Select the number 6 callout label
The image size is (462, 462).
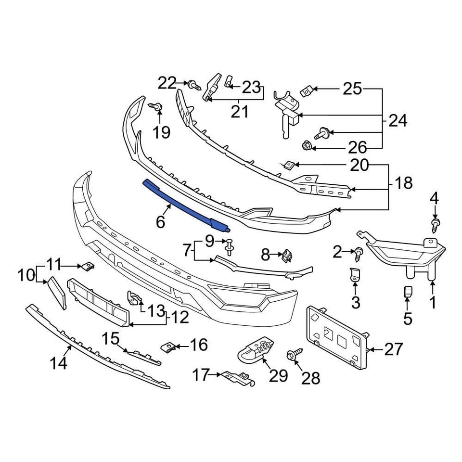coord(160,222)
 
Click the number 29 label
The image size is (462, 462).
coord(278,375)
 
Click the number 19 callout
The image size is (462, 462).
coord(162,132)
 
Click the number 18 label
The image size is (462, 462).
coord(403,183)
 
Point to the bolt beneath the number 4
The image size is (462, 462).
coord(436,224)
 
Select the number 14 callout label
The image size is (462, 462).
coord(58,363)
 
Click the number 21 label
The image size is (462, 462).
coord(239,112)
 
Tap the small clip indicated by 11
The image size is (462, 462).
coord(88,266)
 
